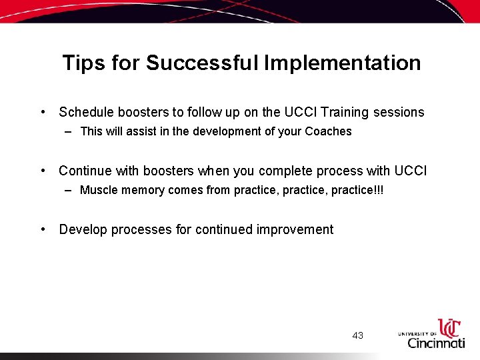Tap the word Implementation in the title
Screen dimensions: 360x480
[343, 63]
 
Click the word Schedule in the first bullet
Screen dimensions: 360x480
[85, 113]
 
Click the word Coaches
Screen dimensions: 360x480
[328, 131]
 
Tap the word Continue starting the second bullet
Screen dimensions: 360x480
[85, 171]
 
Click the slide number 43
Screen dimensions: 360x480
[358, 335]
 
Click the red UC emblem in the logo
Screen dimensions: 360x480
[449, 328]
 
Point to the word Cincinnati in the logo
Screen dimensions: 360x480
[437, 343]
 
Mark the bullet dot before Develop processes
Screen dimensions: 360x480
[43, 229]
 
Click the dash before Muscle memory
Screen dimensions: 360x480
[69, 190]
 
